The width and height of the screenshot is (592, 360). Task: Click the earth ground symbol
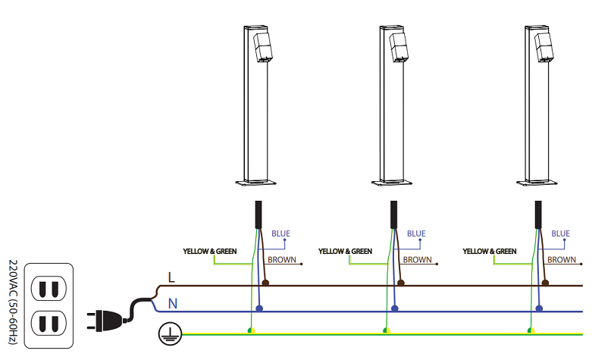pyautogui.click(x=166, y=332)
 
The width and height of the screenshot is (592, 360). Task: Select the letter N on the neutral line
pyautogui.click(x=173, y=304)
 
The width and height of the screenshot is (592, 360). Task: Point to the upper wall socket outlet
pyautogui.click(x=49, y=289)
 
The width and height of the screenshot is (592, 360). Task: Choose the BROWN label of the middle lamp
pyautogui.click(x=417, y=260)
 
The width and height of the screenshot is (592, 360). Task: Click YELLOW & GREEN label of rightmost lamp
pyautogui.click(x=490, y=251)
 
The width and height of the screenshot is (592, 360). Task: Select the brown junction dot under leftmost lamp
pyautogui.click(x=265, y=283)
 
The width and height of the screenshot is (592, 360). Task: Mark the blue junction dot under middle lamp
pyautogui.click(x=395, y=308)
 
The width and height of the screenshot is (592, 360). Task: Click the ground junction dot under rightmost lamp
pyautogui.click(x=531, y=331)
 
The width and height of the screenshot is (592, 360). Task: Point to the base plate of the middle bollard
pyautogui.click(x=393, y=182)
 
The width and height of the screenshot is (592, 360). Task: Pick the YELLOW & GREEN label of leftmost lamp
pyautogui.click(x=210, y=251)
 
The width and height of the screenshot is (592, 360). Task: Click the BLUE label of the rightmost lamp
pyautogui.click(x=561, y=234)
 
